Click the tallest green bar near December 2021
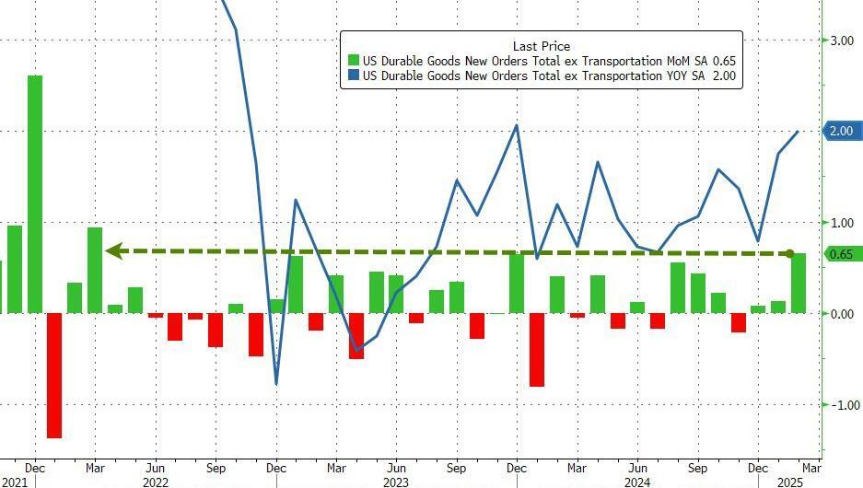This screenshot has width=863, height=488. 34,193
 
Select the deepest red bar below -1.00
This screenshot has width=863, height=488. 54,375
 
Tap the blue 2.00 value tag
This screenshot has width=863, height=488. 842,132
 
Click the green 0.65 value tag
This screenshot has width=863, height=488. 841,254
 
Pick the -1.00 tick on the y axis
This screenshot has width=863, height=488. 843,405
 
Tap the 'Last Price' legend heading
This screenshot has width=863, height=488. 542,46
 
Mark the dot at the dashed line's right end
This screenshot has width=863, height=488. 789,253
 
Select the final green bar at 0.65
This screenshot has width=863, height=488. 799,283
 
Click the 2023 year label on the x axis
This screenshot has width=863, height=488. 396,482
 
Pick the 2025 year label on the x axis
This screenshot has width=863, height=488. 789,482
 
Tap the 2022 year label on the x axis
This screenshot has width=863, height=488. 155,482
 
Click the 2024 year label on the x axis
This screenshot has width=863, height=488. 636,482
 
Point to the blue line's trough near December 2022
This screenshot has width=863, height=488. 276,383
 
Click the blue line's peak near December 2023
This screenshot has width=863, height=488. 517,125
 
